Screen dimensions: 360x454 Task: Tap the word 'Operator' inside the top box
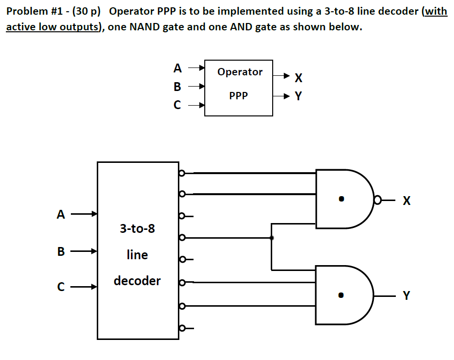point(239,72)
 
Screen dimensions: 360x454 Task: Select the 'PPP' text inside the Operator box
point(238,96)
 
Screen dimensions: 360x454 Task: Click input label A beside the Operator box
point(177,68)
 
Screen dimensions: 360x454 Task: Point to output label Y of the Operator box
point(299,96)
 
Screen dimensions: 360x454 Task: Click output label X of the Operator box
point(299,77)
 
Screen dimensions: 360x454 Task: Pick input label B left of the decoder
point(61,252)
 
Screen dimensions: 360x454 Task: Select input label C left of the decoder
point(61,287)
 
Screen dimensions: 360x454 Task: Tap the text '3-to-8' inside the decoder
point(137,228)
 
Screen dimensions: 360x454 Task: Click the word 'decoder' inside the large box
point(137,281)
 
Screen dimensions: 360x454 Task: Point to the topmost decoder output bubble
point(182,173)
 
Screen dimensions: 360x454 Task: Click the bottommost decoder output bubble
point(182,328)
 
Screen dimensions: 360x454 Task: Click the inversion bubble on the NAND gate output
point(377,200)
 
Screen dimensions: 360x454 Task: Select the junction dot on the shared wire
point(272,238)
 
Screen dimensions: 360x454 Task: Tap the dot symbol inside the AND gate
point(342,295)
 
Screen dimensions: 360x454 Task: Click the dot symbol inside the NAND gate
point(342,199)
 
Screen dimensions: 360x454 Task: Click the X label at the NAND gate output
point(407,201)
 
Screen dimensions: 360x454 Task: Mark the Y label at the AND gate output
point(407,295)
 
